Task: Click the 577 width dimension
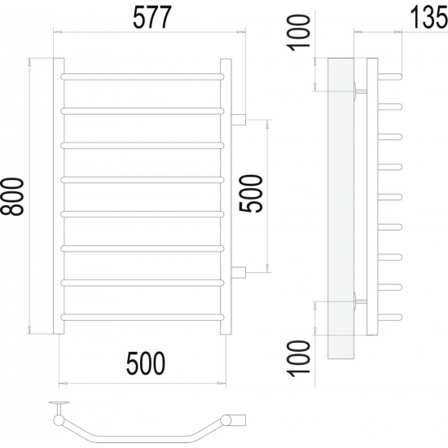(152, 17)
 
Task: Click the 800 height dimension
(12, 196)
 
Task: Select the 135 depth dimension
(429, 17)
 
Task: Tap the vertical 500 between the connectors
(251, 194)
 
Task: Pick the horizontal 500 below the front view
(146, 363)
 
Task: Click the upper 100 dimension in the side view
(299, 33)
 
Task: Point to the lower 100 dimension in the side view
(299, 358)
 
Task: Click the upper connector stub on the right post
(239, 119)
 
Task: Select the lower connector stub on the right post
(239, 272)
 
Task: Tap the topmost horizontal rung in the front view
(143, 77)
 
